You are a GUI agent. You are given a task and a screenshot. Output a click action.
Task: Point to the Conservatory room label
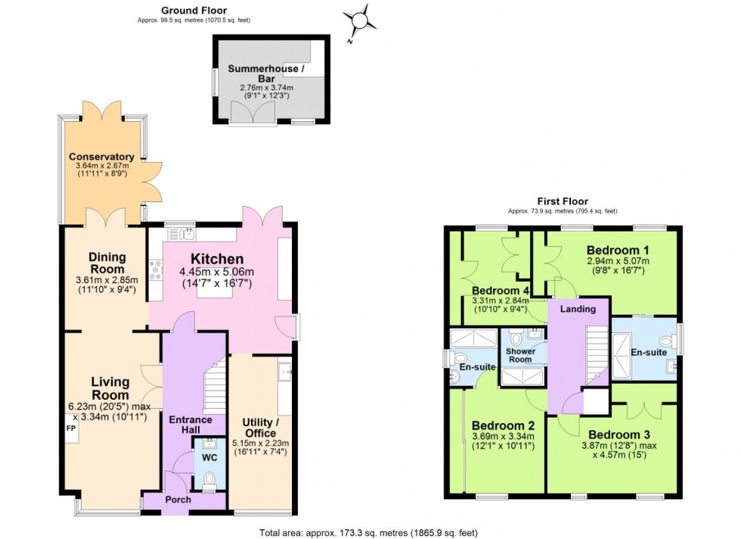101,157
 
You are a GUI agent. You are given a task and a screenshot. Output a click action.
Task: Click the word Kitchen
215,259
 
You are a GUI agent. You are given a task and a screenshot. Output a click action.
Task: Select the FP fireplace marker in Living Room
71,428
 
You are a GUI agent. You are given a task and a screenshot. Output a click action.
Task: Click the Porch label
179,500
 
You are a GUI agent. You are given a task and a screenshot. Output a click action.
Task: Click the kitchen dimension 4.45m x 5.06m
216,273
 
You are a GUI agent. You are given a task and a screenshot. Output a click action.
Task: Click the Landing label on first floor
578,309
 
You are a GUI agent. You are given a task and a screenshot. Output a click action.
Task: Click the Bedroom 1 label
619,251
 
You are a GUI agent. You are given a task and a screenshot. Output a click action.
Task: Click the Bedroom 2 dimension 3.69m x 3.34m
498,436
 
